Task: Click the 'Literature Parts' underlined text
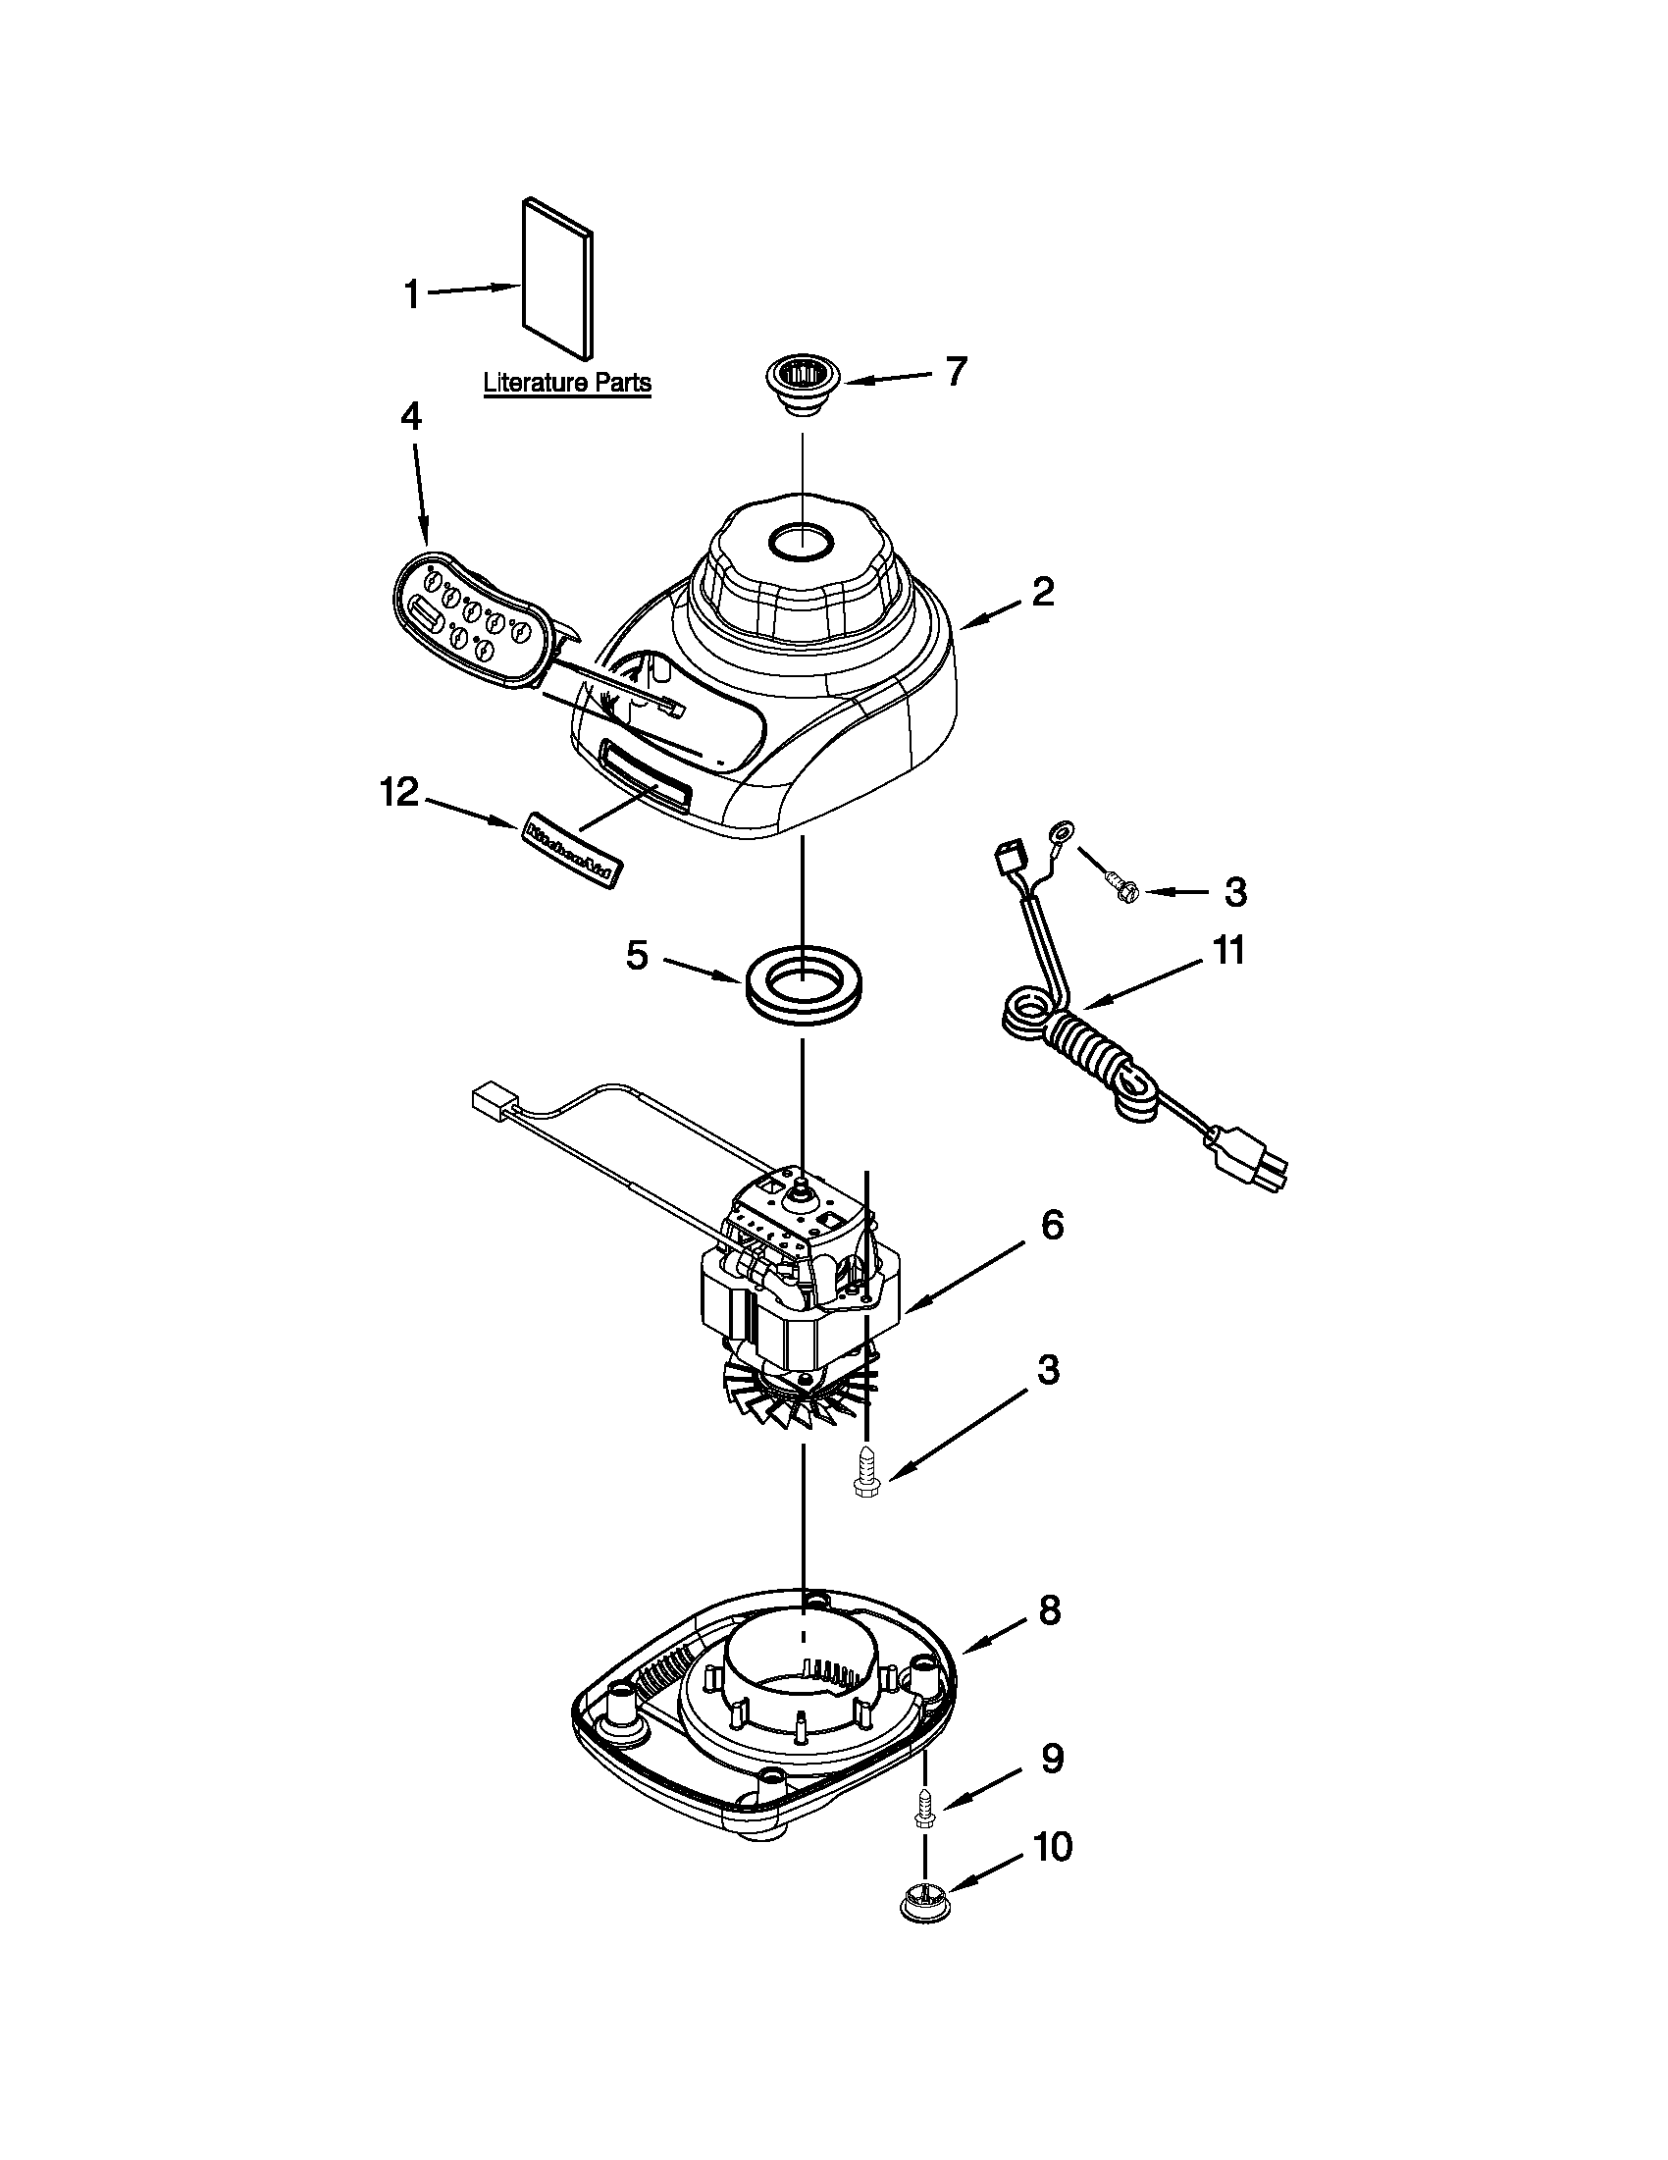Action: click(x=566, y=383)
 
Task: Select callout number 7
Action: click(x=954, y=371)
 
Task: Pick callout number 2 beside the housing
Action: click(x=1042, y=592)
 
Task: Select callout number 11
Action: click(x=1229, y=950)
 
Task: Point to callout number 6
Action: click(x=1052, y=1227)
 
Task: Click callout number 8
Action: click(x=1049, y=1609)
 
